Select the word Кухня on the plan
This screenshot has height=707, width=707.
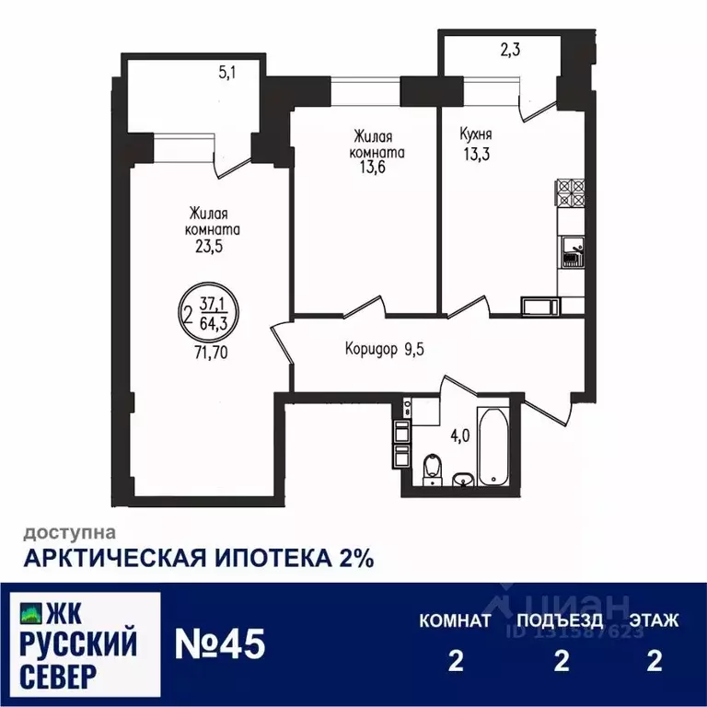(477, 134)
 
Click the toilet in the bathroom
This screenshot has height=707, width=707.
(430, 469)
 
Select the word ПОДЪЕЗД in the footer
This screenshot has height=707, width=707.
(561, 620)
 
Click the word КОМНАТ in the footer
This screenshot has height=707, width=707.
(455, 620)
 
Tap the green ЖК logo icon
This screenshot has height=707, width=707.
(30, 614)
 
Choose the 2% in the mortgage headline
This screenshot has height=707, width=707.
(353, 558)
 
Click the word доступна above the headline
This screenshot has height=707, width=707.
(69, 532)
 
